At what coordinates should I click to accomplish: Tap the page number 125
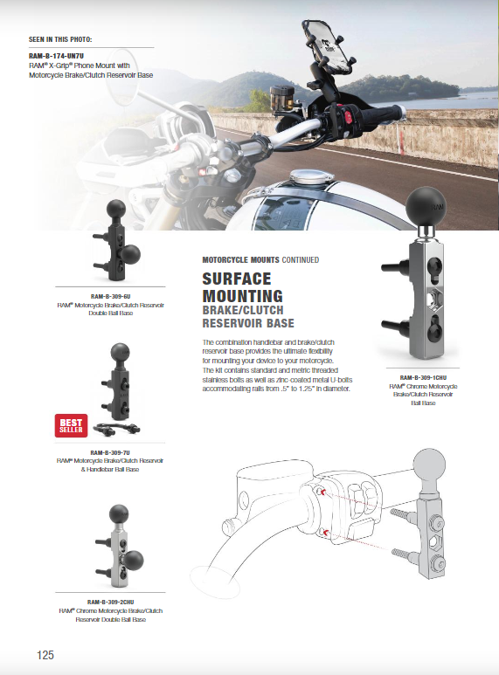tap(46, 655)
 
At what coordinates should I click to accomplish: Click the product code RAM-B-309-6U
tap(110, 296)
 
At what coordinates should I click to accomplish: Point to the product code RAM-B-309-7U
tap(110, 452)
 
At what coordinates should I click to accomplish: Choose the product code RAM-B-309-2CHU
tap(110, 602)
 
